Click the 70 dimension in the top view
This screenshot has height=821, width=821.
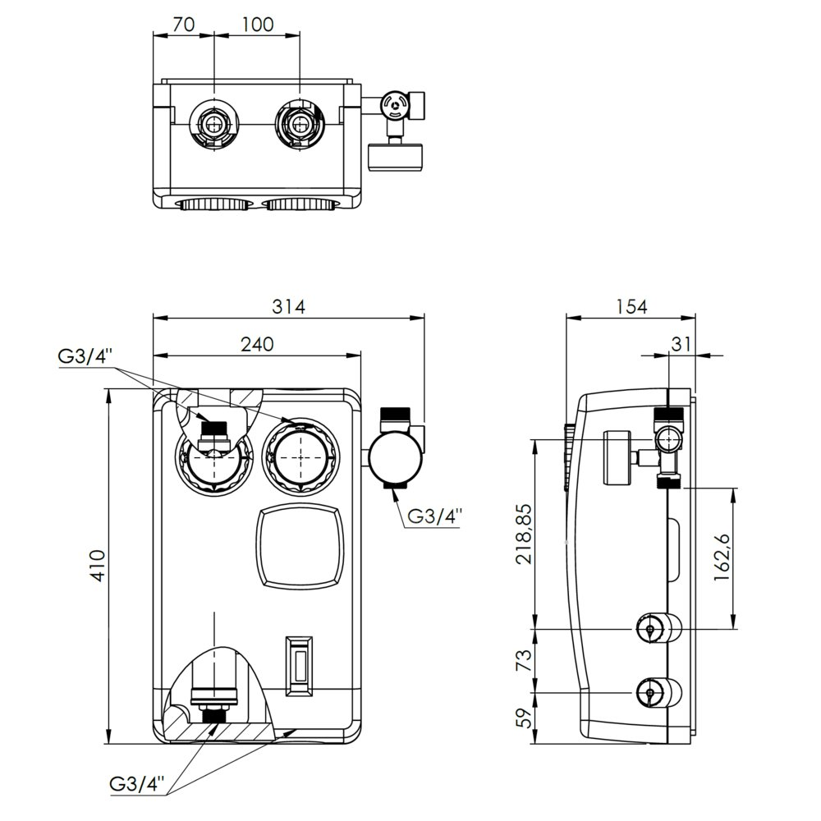184,25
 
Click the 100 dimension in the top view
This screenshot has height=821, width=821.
257,25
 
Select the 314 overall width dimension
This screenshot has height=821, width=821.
289,306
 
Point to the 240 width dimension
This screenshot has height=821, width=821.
257,345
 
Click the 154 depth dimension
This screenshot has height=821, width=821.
631,306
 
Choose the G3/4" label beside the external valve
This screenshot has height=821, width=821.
435,516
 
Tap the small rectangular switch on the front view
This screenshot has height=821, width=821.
299,663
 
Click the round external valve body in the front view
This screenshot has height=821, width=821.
392,458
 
